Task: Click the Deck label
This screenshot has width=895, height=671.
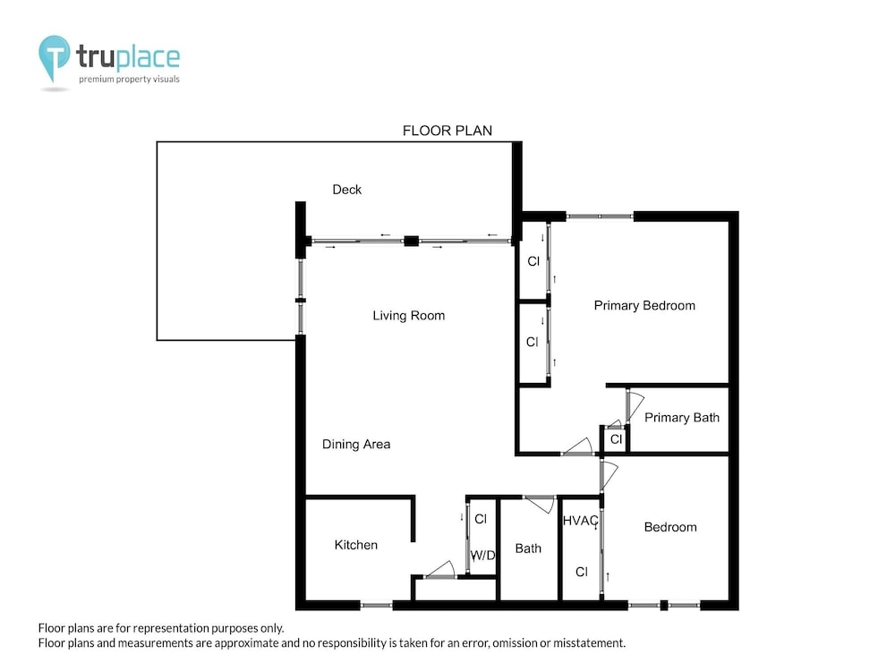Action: (347, 190)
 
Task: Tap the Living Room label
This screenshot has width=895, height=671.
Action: (409, 316)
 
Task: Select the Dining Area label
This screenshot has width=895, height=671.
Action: (356, 445)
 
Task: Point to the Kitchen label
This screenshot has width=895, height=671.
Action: (355, 545)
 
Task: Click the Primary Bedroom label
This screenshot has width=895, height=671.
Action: (644, 306)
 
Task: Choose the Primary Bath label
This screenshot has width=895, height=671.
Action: (681, 418)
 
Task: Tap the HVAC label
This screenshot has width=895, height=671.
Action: (581, 521)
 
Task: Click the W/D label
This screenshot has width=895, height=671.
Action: (483, 556)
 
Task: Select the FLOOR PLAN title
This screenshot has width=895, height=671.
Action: (447, 131)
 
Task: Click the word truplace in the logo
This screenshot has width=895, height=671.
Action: (128, 56)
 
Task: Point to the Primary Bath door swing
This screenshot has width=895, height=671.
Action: (635, 405)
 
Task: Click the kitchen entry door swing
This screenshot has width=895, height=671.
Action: (440, 570)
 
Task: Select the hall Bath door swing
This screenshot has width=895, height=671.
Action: (540, 505)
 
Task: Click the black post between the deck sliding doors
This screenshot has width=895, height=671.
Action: (411, 242)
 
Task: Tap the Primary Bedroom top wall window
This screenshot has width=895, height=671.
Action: (600, 217)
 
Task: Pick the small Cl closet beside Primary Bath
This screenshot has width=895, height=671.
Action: (615, 439)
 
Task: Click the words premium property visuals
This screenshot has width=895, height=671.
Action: (129, 80)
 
